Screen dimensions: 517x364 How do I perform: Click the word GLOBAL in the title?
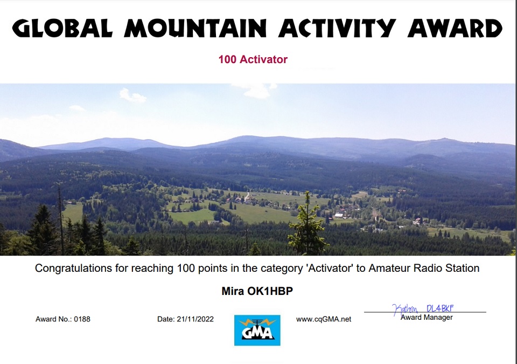[62, 28]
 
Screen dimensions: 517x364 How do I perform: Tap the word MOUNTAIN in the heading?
[195, 28]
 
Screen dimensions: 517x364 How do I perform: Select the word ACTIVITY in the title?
[337, 28]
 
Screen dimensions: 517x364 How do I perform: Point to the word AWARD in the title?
[455, 28]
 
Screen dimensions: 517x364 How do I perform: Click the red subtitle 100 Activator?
[253, 59]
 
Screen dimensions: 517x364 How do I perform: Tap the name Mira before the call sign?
[233, 291]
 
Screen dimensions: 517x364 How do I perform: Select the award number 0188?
[82, 319]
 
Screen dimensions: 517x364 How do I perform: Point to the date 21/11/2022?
[195, 319]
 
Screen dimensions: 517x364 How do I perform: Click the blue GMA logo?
[257, 331]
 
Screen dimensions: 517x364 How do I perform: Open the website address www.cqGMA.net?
[324, 319]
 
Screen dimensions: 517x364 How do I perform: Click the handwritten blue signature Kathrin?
[405, 310]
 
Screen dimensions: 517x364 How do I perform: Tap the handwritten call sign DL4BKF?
[440, 308]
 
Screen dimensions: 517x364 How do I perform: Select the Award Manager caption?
[427, 318]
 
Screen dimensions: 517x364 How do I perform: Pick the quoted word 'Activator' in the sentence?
[330, 268]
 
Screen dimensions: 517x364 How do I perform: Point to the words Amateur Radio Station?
[424, 268]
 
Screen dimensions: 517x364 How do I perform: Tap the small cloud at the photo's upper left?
[132, 95]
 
